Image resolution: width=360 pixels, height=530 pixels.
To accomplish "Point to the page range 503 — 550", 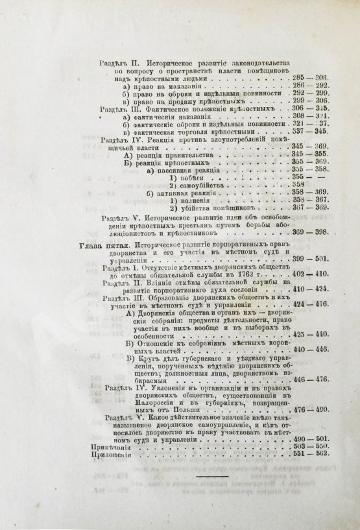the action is point(310,448).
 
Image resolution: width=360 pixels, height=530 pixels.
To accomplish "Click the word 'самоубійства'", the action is point(199,184).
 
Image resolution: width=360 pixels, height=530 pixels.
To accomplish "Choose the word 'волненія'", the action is point(193,200).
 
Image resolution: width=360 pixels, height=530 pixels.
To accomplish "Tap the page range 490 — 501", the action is point(310,440).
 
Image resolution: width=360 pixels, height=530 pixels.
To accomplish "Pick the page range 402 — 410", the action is point(310,274).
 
